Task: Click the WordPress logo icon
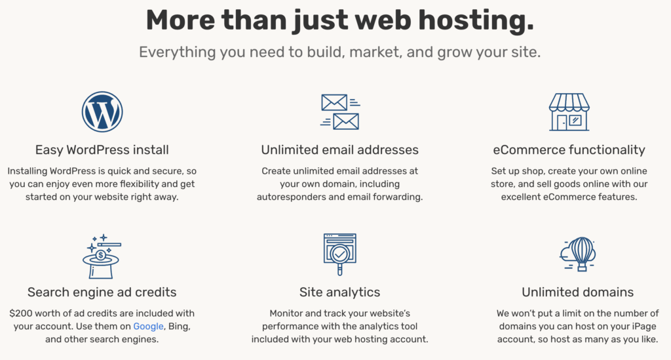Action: pos(102,111)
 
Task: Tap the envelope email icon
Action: pos(339,111)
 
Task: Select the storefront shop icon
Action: pos(569,111)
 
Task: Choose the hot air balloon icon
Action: pos(577,254)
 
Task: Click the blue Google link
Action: pos(148,326)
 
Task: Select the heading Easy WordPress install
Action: pos(102,150)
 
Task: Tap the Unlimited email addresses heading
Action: pos(339,150)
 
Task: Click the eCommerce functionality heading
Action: pos(569,150)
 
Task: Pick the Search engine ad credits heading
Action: pos(102,292)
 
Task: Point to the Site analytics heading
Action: pos(339,292)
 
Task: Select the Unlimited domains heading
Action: pos(577,292)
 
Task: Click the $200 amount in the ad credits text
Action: pos(21,313)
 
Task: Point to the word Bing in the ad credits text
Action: pos(180,326)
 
